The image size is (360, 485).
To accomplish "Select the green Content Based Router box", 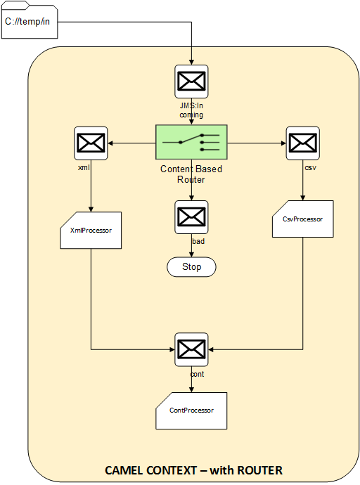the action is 191,142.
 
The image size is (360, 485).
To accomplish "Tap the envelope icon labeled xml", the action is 91,143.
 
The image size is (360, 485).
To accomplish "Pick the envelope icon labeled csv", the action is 303,143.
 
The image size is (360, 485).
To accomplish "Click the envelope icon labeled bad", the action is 191,216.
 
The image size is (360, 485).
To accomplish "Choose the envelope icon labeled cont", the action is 191,349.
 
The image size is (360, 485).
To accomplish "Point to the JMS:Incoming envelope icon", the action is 191,82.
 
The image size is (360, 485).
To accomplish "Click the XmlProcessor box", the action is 91,230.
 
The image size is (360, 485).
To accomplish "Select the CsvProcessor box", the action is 303,219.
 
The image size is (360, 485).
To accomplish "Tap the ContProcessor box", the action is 191,410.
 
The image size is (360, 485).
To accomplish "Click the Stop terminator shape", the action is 191,266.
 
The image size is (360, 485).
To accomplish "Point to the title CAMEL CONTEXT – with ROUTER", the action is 193,470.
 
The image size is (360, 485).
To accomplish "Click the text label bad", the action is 198,241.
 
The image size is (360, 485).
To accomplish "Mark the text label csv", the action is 311,168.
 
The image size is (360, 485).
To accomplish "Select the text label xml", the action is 84,167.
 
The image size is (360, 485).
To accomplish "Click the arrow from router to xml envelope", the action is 131,143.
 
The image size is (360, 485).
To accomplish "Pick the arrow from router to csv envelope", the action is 257,143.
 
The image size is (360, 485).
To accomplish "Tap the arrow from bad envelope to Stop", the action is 191,245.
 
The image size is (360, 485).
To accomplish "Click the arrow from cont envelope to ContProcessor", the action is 191,380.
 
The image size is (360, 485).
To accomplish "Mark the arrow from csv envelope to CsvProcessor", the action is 303,180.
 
